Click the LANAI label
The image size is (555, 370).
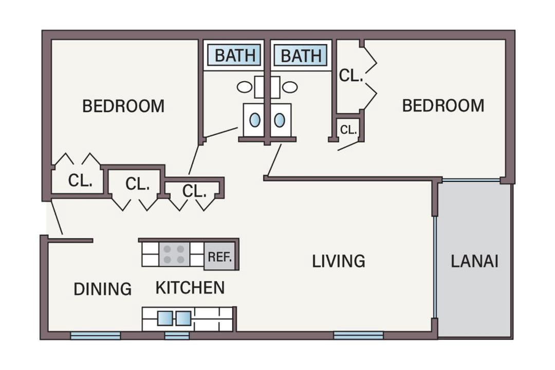point(474,261)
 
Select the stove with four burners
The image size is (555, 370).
point(174,254)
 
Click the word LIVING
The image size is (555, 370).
point(338,261)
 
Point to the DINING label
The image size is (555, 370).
point(103,289)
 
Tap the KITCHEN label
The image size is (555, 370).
point(190,287)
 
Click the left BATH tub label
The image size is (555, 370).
point(234,55)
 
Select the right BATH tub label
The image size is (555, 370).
point(301,55)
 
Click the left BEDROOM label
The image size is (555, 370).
point(123,106)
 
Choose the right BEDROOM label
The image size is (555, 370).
point(443,105)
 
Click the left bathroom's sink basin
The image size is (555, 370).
point(255,120)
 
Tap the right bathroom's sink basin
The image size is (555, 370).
point(279,120)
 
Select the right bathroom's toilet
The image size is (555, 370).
point(284,87)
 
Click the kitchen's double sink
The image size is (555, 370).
point(174,318)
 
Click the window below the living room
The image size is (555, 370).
point(359,335)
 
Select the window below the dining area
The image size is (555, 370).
point(96,335)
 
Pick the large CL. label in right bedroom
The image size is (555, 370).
point(351,76)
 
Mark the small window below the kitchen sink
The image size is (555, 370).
point(177,335)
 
